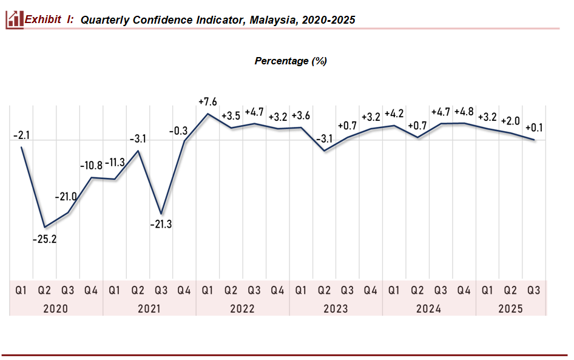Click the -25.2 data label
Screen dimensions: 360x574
[44, 240]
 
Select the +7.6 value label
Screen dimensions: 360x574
[208, 101]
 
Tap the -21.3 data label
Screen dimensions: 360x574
[161, 225]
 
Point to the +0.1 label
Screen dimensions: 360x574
[534, 127]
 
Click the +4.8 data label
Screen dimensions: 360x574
[464, 112]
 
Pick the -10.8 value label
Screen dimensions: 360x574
[92, 165]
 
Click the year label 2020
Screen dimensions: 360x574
[56, 308]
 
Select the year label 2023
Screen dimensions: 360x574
[336, 308]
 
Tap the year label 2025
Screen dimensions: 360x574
[510, 308]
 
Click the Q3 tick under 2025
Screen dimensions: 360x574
[534, 291]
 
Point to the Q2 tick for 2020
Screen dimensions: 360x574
[44, 291]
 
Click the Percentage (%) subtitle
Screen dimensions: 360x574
[291, 61]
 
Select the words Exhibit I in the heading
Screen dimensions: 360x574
[49, 19]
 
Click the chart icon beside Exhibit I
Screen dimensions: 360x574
[14, 19]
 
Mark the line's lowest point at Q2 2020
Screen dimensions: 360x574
[44, 227]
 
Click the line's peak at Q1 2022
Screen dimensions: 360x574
[208, 114]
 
